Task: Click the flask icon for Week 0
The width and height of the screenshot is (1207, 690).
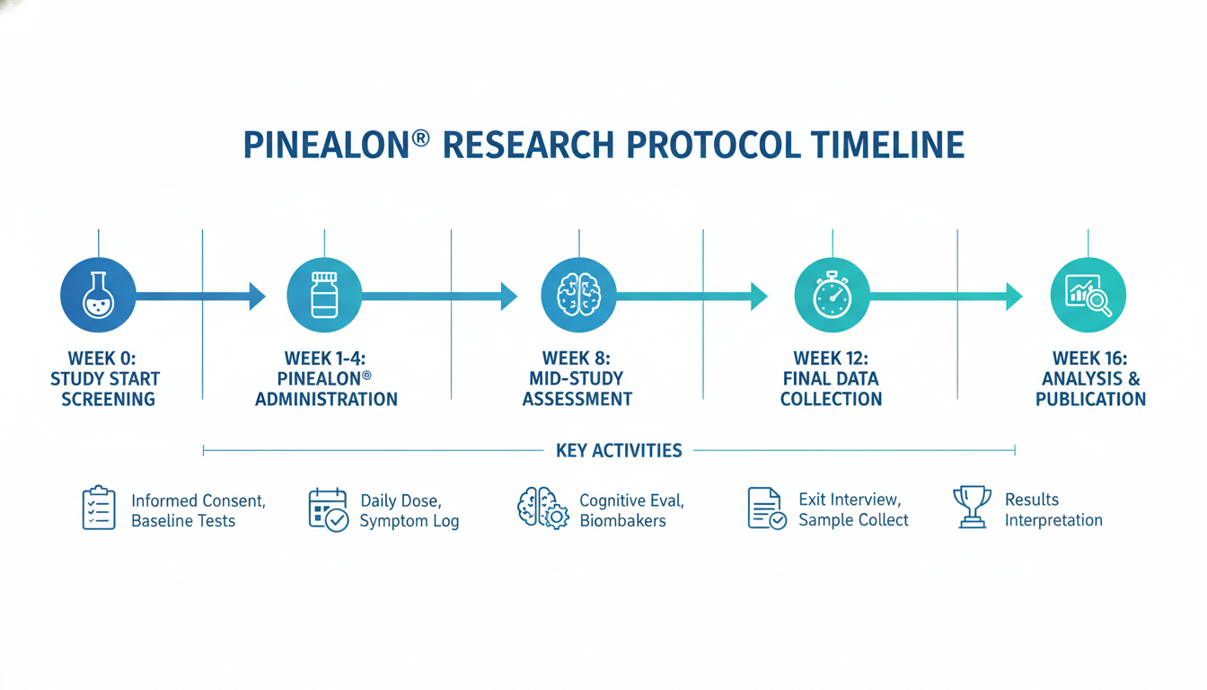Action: (x=98, y=295)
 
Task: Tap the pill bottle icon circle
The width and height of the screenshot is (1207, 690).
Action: (x=324, y=295)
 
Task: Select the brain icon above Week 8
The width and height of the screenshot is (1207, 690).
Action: (x=578, y=295)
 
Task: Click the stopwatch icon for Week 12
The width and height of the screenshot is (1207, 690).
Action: (x=832, y=295)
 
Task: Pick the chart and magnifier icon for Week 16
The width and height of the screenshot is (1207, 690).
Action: (x=1088, y=295)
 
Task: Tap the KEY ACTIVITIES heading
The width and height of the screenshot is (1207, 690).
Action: (x=619, y=450)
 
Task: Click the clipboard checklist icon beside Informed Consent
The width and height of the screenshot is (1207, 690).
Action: (x=99, y=508)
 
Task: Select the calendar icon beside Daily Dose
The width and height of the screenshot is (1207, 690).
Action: (x=328, y=510)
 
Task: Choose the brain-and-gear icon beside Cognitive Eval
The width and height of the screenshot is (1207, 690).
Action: (x=542, y=509)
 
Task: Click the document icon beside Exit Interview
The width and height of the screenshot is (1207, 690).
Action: (x=767, y=509)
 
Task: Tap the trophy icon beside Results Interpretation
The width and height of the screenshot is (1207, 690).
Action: (x=972, y=507)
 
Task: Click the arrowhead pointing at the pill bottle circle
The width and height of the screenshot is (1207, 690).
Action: (x=257, y=296)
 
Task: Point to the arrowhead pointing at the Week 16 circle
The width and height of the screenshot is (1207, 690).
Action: (x=1014, y=296)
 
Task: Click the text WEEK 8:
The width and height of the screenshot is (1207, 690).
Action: (x=576, y=358)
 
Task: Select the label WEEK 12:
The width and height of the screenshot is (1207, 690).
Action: (x=831, y=358)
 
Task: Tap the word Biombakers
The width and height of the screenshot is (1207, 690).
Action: (x=623, y=521)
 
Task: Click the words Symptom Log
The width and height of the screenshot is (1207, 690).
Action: (x=410, y=521)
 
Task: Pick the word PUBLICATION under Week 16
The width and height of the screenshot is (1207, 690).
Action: (x=1090, y=399)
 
